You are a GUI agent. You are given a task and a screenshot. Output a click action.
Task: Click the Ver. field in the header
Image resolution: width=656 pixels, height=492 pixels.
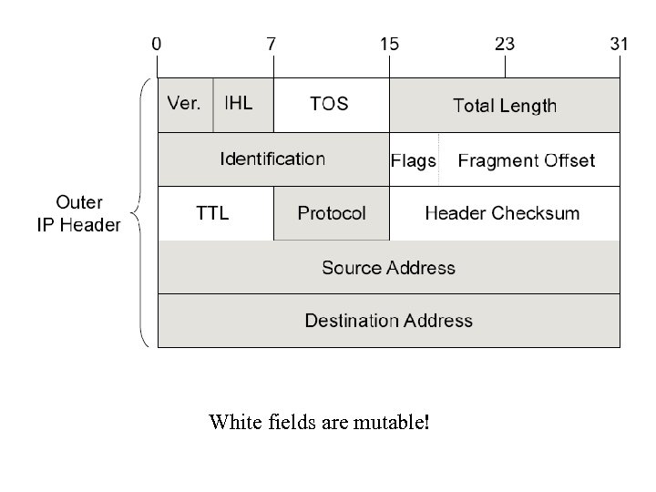[185, 104]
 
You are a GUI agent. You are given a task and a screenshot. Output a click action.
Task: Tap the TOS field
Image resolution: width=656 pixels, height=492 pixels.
[330, 104]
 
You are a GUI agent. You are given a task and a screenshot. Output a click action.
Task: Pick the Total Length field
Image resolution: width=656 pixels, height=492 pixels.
[505, 106]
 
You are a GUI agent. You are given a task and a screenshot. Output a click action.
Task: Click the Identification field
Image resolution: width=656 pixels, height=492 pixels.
[272, 159]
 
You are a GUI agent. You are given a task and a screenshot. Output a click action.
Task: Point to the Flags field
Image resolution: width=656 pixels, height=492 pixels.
[414, 160]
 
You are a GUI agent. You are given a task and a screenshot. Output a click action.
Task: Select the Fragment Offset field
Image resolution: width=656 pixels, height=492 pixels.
[527, 160]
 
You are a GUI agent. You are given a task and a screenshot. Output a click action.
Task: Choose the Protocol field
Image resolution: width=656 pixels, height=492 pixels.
[332, 213]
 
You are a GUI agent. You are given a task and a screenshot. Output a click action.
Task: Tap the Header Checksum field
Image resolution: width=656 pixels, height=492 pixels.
[502, 213]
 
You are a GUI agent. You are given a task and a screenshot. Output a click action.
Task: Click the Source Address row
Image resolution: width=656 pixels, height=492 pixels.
[388, 268]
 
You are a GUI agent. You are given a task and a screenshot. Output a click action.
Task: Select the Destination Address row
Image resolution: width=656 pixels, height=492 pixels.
[388, 321]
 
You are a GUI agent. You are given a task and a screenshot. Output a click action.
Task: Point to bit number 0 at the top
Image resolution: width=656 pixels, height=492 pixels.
[158, 44]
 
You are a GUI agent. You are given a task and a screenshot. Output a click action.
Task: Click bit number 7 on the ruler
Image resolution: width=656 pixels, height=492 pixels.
[272, 44]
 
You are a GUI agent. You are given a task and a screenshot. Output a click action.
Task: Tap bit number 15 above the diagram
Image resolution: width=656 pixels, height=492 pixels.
[389, 44]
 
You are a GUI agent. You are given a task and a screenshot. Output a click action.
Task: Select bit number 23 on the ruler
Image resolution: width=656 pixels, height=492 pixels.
[505, 44]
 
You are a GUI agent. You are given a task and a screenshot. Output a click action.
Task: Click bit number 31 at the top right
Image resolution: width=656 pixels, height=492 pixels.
[620, 44]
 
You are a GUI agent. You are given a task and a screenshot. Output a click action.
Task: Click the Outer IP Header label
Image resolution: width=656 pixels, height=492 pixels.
[79, 213]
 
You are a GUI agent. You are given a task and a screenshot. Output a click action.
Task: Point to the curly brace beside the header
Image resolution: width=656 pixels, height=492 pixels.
[139, 213]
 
